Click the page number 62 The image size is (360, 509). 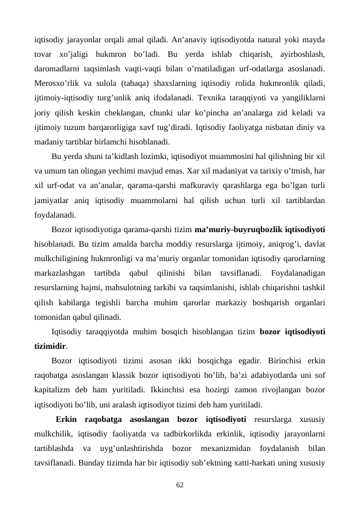click(x=179, y=485)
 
